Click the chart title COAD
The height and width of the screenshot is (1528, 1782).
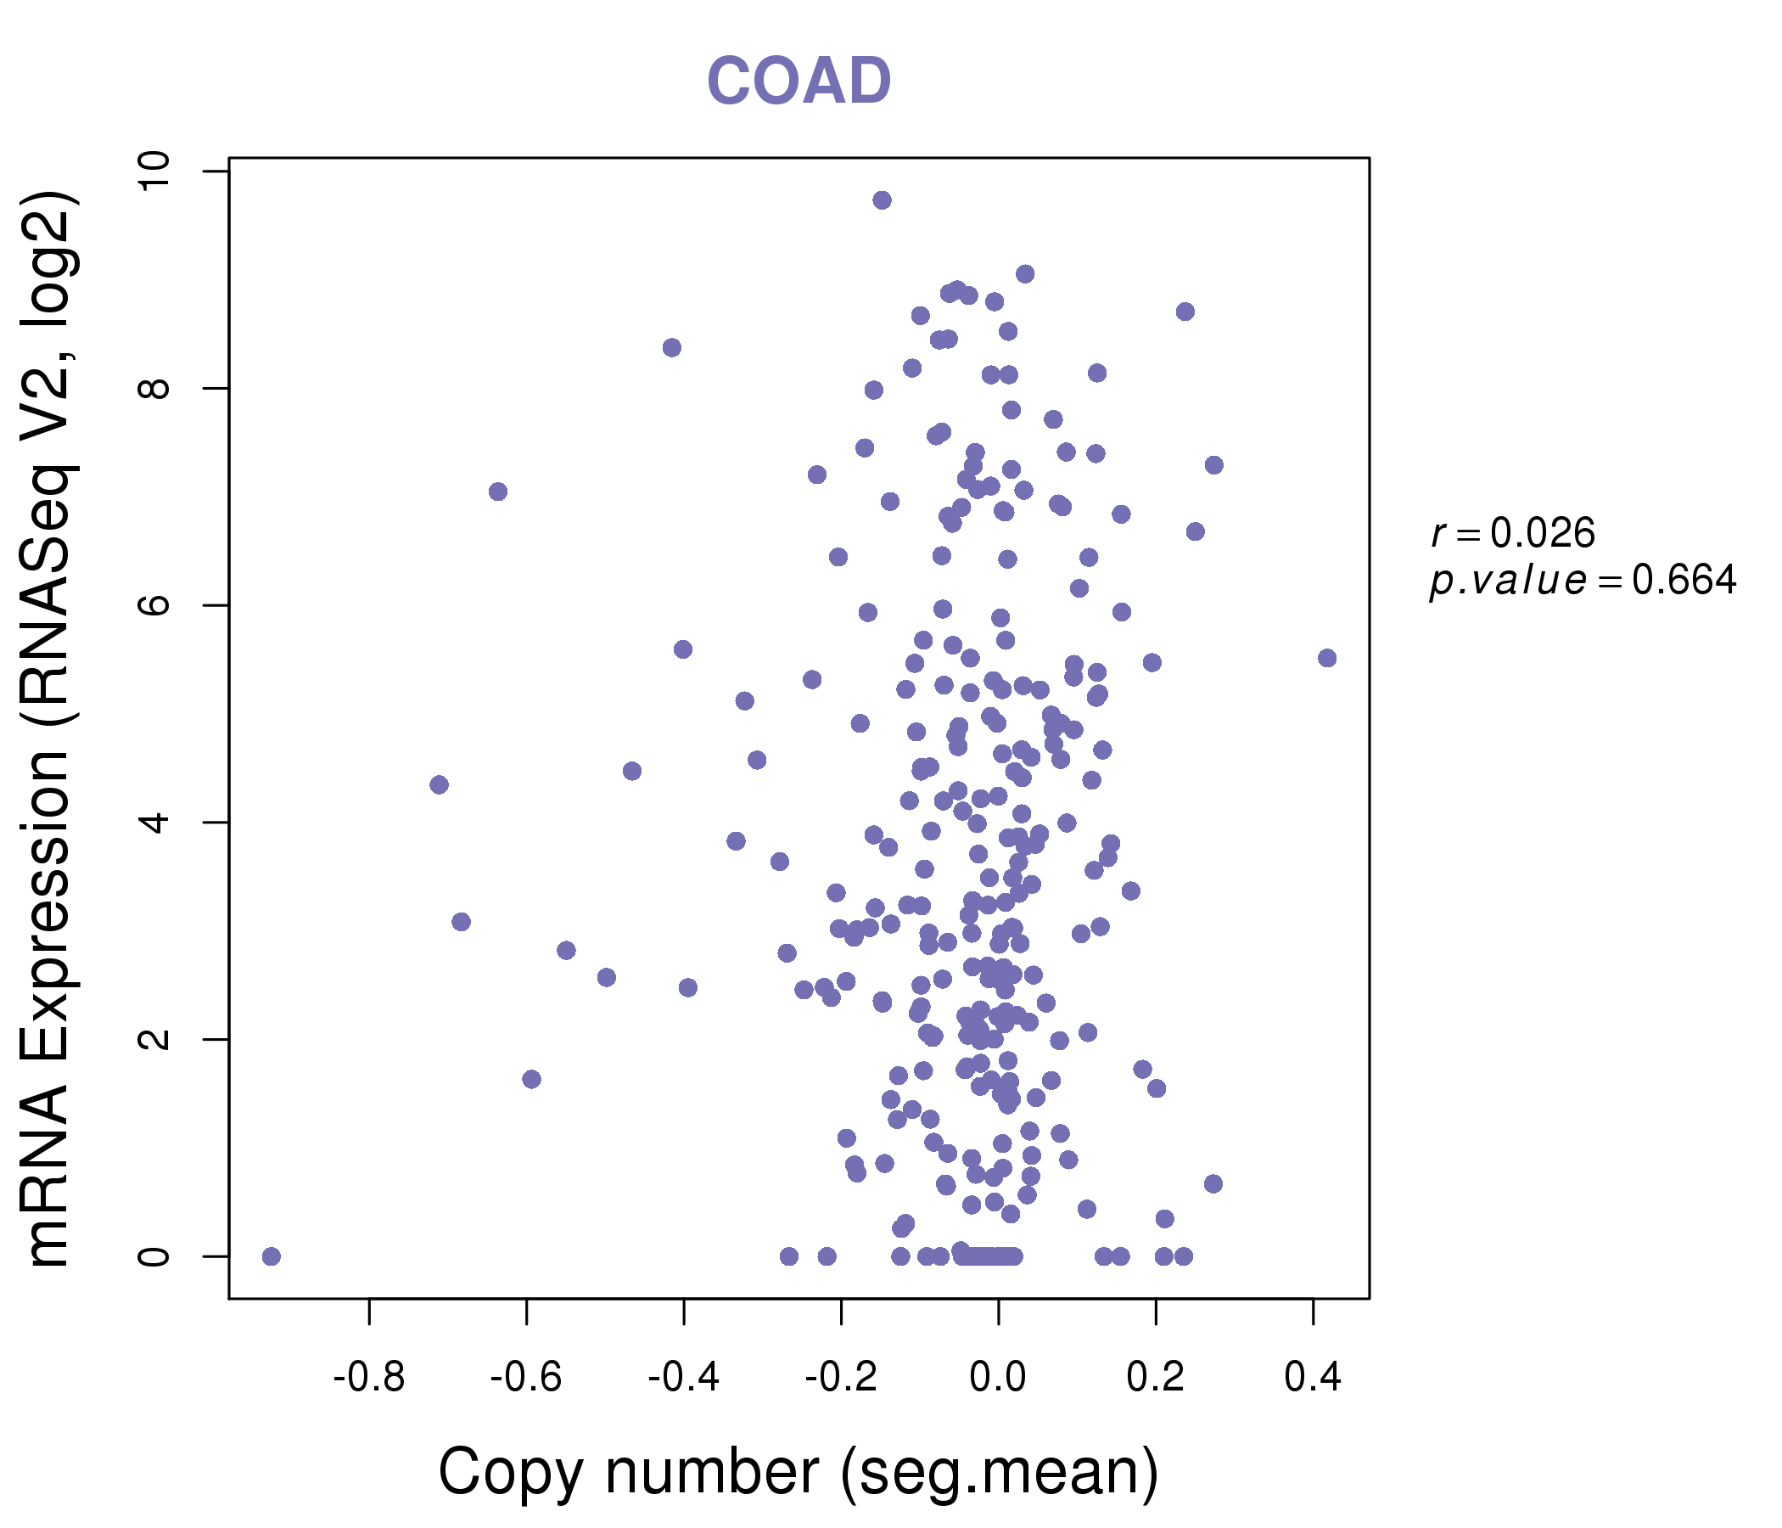(x=799, y=81)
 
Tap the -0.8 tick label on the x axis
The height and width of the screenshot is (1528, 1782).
(x=369, y=1378)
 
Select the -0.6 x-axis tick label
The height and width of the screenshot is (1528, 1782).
(x=525, y=1378)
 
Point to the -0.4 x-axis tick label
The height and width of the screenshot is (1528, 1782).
(x=683, y=1378)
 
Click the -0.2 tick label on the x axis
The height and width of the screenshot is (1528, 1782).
(x=840, y=1378)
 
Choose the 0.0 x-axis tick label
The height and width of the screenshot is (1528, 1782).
(x=998, y=1378)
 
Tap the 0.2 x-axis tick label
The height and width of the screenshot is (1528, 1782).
(x=1155, y=1378)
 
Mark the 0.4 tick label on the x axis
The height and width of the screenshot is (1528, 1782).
(x=1313, y=1378)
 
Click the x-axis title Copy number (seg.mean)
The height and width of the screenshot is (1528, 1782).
(x=799, y=1472)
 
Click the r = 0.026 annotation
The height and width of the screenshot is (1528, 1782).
(x=1513, y=533)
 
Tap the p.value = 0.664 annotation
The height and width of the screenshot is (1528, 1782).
(x=1583, y=581)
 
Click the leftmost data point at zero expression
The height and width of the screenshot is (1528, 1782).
(x=271, y=1256)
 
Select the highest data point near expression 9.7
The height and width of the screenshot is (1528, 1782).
(x=882, y=200)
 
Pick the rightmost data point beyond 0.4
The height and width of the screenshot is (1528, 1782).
(x=1327, y=658)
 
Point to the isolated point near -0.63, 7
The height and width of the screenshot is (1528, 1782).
(x=498, y=492)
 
